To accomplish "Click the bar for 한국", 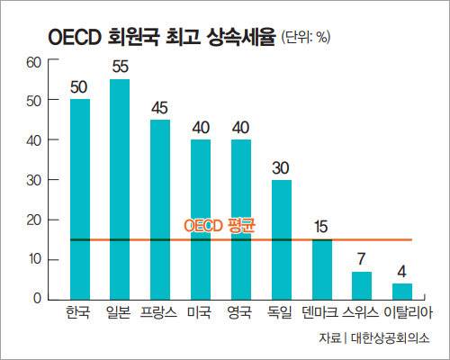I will (x=79, y=198).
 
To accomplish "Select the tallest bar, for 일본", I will (x=120, y=189).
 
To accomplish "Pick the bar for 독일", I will (x=281, y=238).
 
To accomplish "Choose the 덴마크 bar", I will (x=321, y=268).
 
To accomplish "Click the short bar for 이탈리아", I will (x=402, y=291).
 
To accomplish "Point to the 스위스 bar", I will (x=362, y=284).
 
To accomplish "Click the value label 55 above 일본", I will (x=120, y=67).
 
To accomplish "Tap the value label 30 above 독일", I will (x=281, y=167).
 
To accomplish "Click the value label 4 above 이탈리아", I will (x=402, y=271).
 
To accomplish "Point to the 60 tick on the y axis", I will (x=35, y=62).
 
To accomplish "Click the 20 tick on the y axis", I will (x=35, y=220).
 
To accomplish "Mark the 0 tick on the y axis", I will (x=39, y=299).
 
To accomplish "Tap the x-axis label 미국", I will (x=201, y=313).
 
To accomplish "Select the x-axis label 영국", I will (x=240, y=313).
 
